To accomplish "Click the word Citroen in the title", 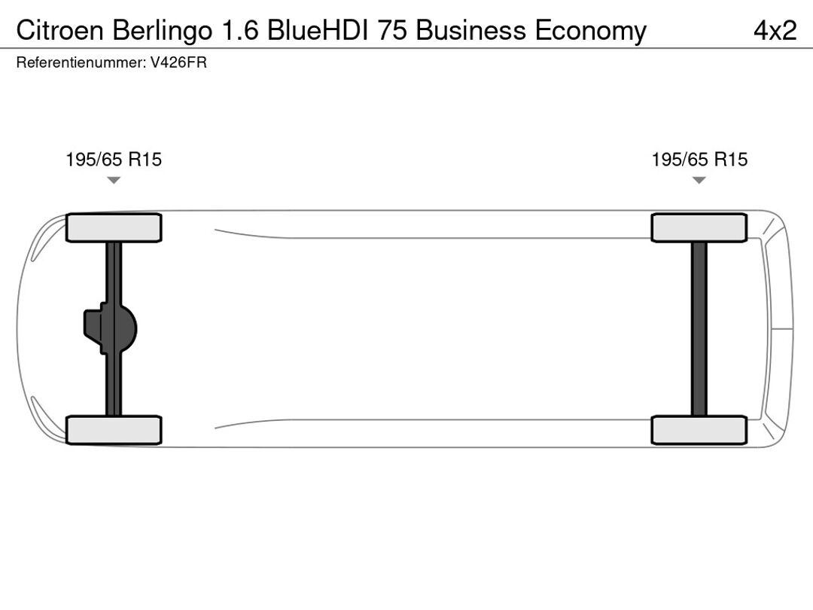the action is (59, 31).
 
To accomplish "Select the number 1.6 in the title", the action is (240, 31).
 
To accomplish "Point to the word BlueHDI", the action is (318, 31).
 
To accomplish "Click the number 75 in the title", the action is (392, 31).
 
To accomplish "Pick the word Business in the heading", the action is (470, 31).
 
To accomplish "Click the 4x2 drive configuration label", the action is (775, 31).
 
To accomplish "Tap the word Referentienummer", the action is (81, 63).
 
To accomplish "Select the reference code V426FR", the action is (178, 63).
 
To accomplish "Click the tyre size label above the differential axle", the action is (114, 159).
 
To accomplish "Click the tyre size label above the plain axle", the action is (699, 159).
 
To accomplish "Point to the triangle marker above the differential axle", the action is (114, 180).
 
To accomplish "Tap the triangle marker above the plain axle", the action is (699, 180).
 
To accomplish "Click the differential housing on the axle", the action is (110, 329).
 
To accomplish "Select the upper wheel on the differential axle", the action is (114, 227).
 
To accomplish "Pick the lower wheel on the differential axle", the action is (114, 430).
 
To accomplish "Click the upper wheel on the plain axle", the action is (699, 227).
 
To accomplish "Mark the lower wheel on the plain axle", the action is (699, 430).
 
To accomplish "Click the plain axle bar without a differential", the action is (699, 329).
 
